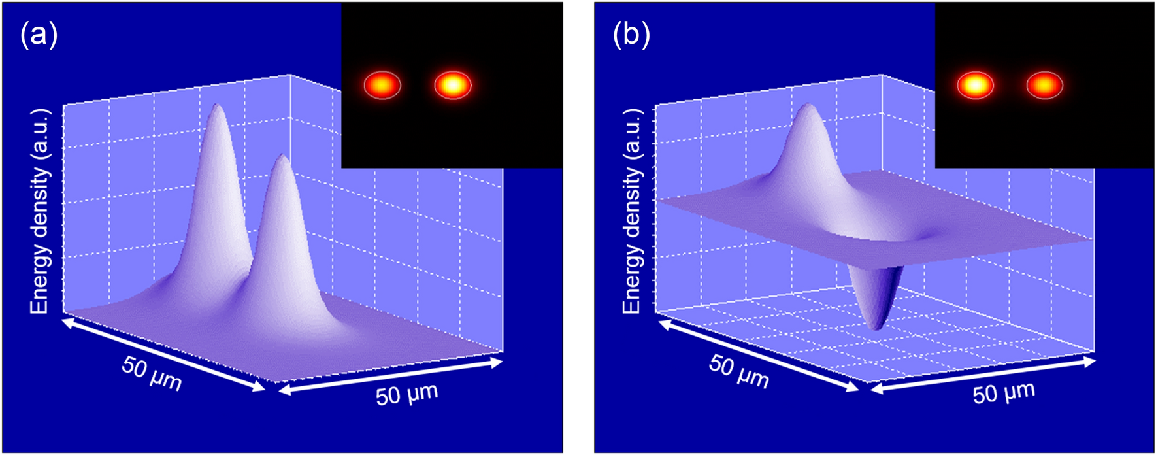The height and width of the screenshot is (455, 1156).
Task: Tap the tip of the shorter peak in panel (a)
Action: (282, 157)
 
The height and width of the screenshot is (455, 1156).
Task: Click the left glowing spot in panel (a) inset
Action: (382, 85)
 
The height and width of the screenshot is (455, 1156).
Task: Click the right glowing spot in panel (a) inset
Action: (452, 85)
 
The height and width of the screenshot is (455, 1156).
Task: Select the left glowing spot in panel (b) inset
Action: (975, 85)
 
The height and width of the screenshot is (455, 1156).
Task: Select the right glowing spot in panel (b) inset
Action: (1044, 85)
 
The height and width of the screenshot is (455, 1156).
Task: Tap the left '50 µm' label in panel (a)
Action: (151, 373)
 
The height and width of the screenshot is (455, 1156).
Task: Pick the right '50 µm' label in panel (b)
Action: (1004, 393)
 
